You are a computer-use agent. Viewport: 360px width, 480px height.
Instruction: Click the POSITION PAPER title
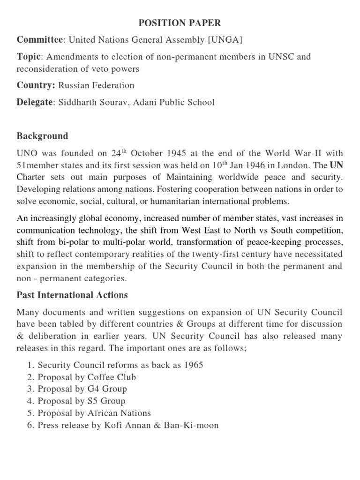click(180, 23)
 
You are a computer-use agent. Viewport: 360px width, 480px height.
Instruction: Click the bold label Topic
click(29, 57)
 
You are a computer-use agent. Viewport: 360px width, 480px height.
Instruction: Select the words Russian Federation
click(103, 85)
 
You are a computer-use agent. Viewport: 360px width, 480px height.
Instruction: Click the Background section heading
click(43, 136)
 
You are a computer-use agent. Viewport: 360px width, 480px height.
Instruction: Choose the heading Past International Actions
click(72, 296)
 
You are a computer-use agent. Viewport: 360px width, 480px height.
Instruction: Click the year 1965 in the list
click(193, 365)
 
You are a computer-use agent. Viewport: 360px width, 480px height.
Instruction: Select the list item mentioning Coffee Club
click(87, 377)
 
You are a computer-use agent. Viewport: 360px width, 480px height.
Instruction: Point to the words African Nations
click(119, 413)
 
